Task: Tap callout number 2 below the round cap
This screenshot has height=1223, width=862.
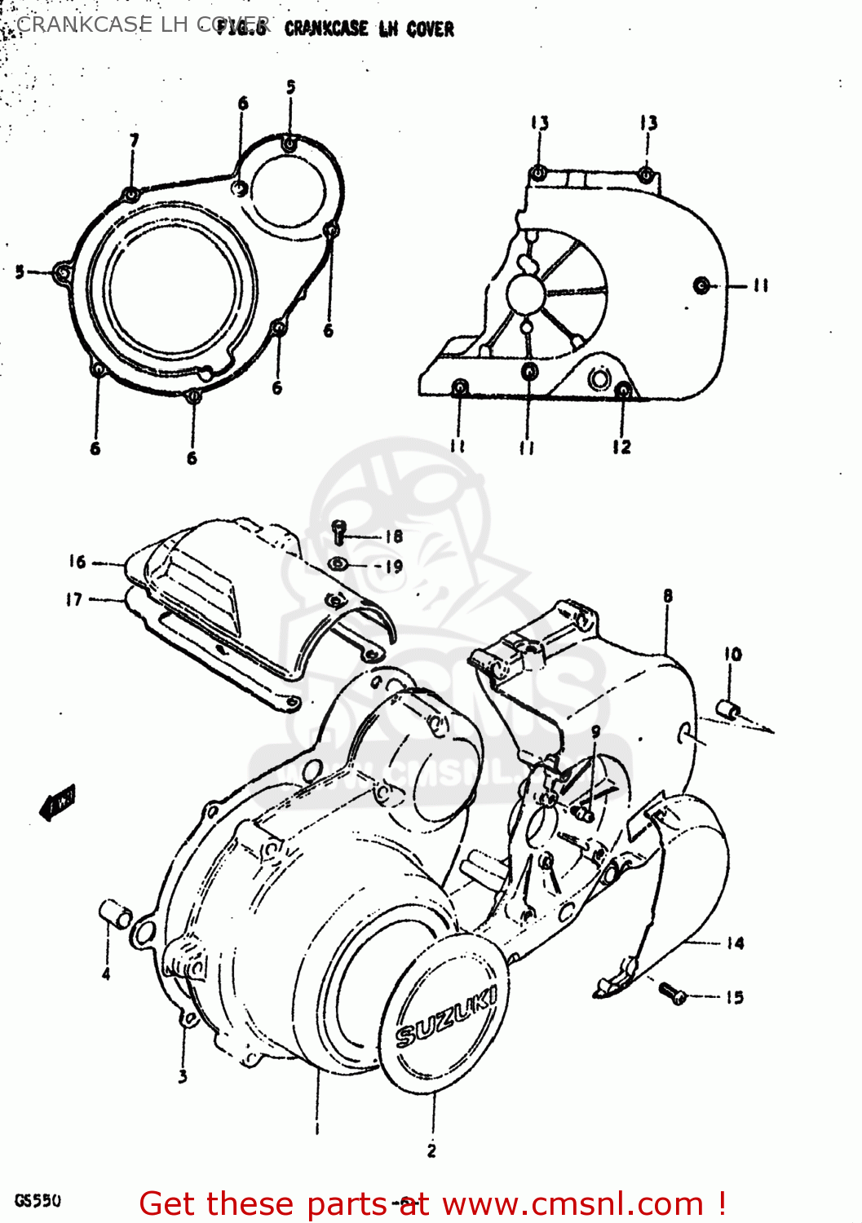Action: tap(431, 1150)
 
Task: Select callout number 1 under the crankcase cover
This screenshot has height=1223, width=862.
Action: tap(316, 1129)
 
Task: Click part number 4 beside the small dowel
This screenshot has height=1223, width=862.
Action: tap(106, 974)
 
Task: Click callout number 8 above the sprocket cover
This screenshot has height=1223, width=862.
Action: tap(668, 596)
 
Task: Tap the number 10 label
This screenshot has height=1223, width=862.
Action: tap(732, 654)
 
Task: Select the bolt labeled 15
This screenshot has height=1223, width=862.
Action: tap(673, 992)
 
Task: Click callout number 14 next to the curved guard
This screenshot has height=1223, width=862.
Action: tap(735, 943)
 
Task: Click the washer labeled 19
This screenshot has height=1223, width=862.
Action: tap(338, 564)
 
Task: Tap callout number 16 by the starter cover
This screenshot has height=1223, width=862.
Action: tap(77, 561)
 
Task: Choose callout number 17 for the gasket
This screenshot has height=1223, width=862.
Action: tap(74, 599)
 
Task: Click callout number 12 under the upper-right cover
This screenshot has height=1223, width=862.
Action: tap(621, 446)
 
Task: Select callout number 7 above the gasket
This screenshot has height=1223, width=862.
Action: tap(135, 140)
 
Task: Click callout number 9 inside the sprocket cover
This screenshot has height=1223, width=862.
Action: tap(595, 731)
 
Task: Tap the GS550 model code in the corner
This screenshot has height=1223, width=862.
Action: tap(38, 1201)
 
